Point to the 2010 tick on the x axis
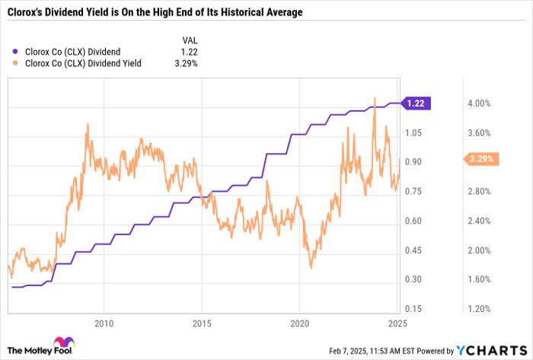104,323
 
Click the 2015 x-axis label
201,323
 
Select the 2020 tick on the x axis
298,323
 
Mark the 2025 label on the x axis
395,323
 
